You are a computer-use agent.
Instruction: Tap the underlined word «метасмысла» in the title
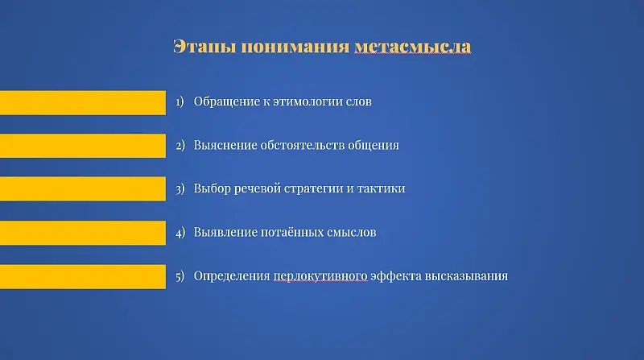tap(412, 46)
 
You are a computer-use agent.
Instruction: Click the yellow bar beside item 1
tap(82, 102)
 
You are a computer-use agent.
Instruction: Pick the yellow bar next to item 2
tap(82, 146)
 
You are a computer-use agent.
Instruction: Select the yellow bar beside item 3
tap(82, 189)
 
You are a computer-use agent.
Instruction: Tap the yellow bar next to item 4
tap(82, 233)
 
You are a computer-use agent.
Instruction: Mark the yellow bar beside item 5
tap(82, 275)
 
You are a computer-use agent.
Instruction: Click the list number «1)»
tap(180, 102)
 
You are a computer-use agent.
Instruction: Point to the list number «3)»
tap(180, 189)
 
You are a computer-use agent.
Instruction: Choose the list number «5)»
tap(180, 276)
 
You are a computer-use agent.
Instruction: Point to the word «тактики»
tap(382, 189)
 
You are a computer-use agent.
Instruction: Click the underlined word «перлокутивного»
tap(320, 276)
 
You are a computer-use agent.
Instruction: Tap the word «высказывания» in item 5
tap(471, 276)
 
